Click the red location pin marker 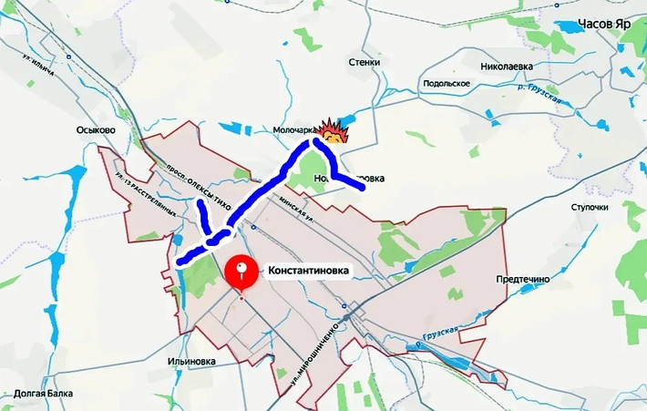241,271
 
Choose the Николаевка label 511,66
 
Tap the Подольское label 446,84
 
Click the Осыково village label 96,130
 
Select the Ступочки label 590,207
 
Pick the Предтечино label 523,279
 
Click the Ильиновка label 191,361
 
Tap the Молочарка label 293,130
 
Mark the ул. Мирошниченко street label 314,351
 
